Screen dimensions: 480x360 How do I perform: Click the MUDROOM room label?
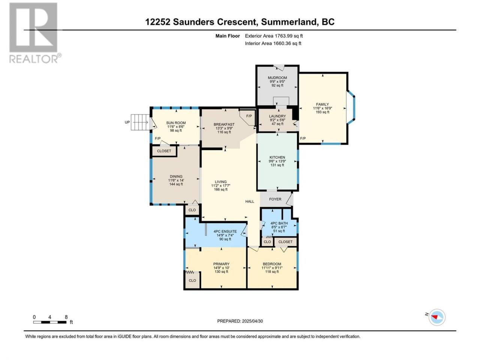[x=277, y=78]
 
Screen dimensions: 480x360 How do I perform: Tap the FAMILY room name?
[x=322, y=105]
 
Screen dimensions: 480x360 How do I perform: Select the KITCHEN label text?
[x=277, y=157]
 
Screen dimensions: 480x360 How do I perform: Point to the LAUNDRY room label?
[x=277, y=116]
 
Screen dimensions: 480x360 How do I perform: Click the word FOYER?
[x=275, y=199]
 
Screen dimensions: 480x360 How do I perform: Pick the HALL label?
[x=249, y=201]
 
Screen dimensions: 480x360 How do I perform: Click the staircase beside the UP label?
[x=140, y=122]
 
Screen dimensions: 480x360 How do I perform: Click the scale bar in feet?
[x=49, y=322]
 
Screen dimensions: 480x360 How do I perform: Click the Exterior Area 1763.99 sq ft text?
[x=274, y=36]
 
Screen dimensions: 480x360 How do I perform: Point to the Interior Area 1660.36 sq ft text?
[x=273, y=43]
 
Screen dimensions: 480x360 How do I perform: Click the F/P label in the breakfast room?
[x=249, y=116]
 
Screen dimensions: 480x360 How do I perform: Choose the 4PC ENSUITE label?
[x=225, y=231]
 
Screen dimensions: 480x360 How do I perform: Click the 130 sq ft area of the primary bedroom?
[x=221, y=272]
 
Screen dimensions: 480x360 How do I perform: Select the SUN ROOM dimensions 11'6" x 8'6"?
[x=176, y=127]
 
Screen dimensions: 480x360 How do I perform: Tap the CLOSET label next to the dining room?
[x=164, y=151]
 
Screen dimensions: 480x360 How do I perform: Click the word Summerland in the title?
[x=289, y=22]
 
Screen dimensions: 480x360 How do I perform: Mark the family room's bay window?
[x=351, y=108]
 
